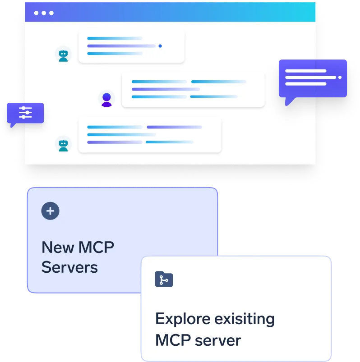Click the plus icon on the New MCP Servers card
coord(51,211)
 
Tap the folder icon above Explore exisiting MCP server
coord(164,279)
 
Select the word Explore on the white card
coord(182,319)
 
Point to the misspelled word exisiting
coord(244,319)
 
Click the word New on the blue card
coord(58,247)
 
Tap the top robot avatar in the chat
coord(64,55)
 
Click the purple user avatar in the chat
coord(106,99)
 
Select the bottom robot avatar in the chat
coord(64,144)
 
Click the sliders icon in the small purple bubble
coord(26,113)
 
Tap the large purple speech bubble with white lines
coord(313,78)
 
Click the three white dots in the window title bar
coord(44,13)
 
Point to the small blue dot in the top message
coord(160,46)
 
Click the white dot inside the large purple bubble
coord(340,77)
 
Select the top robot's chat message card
coord(131,46)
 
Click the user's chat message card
coord(193,89)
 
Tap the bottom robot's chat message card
coord(150,135)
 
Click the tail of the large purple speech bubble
coord(289,101)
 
